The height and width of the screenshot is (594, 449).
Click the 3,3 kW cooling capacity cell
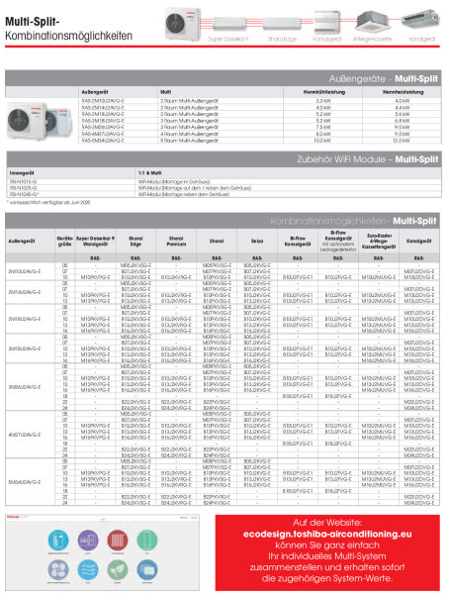point(322,100)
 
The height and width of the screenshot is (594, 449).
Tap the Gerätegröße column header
point(65,240)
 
